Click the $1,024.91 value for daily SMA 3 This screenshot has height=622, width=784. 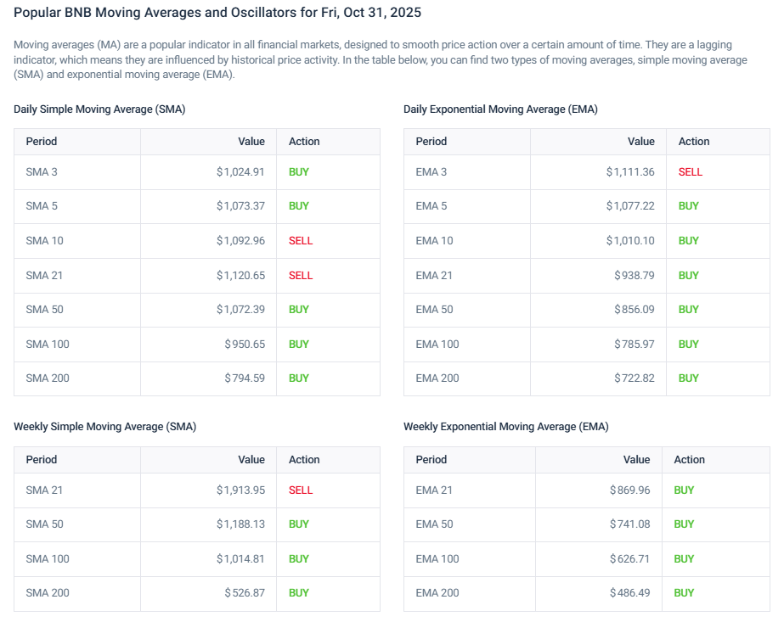click(240, 171)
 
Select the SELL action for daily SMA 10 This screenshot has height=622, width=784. click(301, 240)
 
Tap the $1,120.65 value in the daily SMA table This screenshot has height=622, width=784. click(240, 275)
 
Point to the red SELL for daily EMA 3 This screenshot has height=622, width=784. click(691, 171)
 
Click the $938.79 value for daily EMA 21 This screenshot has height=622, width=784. click(635, 275)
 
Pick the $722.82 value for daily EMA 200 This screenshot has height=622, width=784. click(635, 378)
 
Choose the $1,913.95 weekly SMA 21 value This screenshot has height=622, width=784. click(240, 490)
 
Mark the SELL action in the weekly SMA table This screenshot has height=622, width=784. click(301, 490)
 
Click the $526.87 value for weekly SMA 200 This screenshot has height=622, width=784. click(245, 592)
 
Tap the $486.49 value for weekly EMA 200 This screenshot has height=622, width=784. click(629, 592)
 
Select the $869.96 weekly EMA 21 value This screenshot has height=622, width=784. click(629, 490)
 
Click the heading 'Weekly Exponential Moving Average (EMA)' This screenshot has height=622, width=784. click(505, 427)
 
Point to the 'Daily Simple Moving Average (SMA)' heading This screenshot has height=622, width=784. click(99, 109)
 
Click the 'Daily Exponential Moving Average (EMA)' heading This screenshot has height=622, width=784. click(500, 109)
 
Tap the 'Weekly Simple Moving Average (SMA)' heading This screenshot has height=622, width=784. click(104, 427)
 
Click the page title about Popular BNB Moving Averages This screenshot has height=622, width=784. click(217, 13)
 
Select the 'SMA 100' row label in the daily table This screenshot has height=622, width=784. click(48, 344)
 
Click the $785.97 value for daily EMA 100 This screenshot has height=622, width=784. click(635, 344)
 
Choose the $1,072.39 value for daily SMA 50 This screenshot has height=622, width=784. click(240, 309)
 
